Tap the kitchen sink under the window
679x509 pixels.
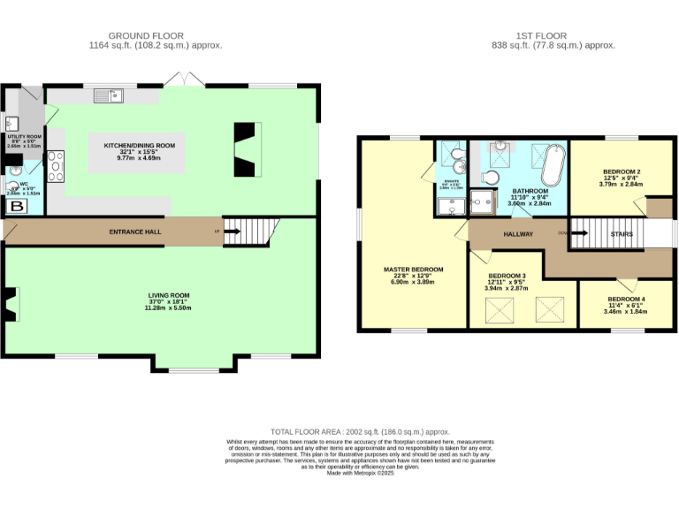[x=111, y=95]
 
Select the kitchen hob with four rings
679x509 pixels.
[x=56, y=166]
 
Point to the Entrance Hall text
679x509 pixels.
[x=132, y=232]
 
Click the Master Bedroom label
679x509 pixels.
[x=413, y=270]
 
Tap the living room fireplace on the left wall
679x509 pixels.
[x=11, y=305]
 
